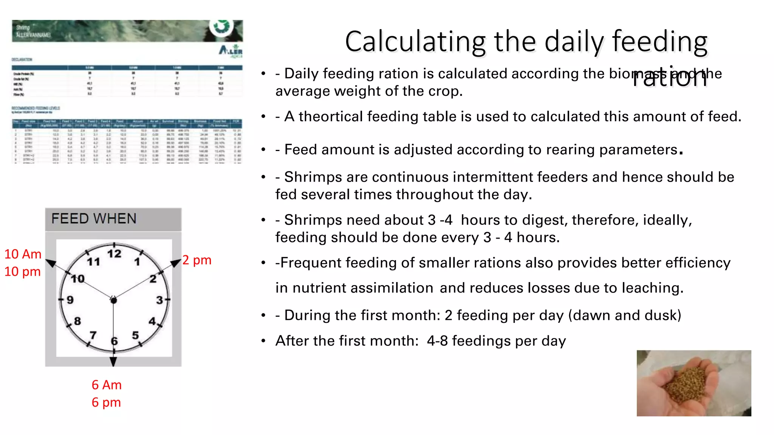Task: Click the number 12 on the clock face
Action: pos(114,254)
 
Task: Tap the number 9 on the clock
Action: pos(70,300)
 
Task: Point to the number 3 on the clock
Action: pos(159,300)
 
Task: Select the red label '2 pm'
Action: pos(197,260)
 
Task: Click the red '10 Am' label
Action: pos(23,254)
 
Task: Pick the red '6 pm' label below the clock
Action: pos(106,403)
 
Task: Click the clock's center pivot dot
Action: pos(113,300)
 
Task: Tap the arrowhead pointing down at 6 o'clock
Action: pos(113,361)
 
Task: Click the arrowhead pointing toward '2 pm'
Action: pos(176,263)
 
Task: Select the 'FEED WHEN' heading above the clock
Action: pos(94,219)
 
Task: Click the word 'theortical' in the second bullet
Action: pos(333,117)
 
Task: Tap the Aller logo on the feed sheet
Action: pos(231,51)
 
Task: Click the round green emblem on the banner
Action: pos(221,26)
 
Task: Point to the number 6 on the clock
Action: pos(114,341)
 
